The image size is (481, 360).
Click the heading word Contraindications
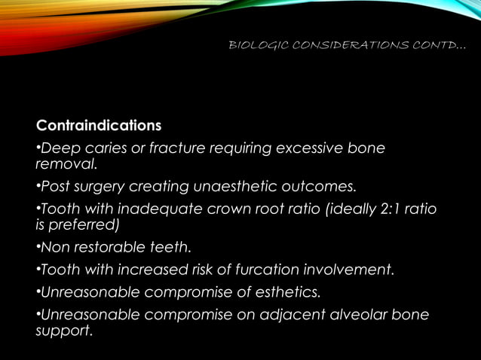(99, 124)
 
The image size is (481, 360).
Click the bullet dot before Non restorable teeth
(38, 247)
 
